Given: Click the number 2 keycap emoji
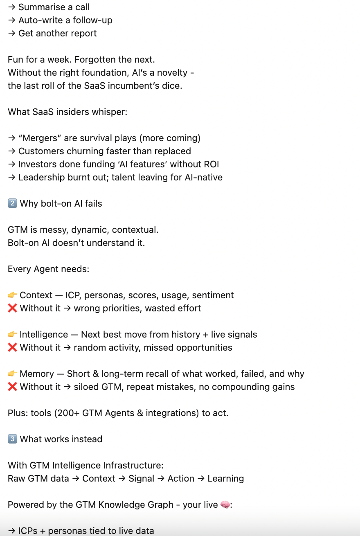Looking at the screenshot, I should pos(12,203).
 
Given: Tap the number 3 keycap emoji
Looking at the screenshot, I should pos(12,439).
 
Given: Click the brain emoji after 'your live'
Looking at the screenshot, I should pos(225,504).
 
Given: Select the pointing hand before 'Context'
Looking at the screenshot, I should pos(12,295).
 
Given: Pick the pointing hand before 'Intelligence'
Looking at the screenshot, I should pos(12,334).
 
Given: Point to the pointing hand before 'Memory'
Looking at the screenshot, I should pos(12,374).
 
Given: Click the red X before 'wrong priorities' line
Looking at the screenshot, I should pos(12,308).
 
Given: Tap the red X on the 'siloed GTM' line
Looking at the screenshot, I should pos(12,387).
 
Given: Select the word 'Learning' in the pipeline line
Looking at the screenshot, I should pos(225,478).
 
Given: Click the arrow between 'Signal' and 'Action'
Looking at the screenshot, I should pos(161,478).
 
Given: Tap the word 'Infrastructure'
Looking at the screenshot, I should pos(136,465).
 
